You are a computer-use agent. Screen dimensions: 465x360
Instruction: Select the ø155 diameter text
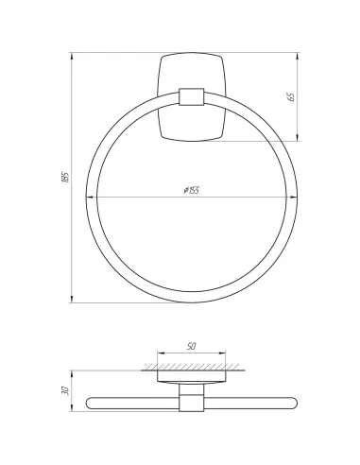point(192,191)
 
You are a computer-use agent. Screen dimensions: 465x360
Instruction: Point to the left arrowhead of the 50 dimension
point(161,353)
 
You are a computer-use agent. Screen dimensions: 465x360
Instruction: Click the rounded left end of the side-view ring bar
point(90,403)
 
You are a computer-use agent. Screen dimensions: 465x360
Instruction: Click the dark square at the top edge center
point(193,47)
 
